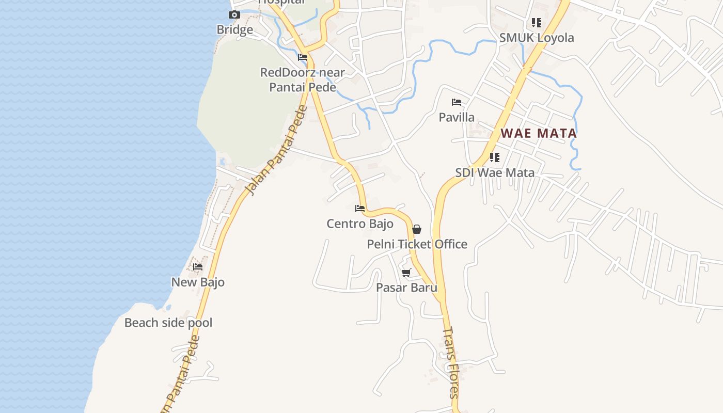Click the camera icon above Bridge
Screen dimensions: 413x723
234,15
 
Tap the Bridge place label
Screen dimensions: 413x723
234,30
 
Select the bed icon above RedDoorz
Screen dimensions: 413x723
303,57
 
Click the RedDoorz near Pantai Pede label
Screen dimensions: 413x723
303,80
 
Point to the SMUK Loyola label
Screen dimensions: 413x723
537,38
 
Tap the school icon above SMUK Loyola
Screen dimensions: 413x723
537,23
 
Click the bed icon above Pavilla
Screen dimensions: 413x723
457,102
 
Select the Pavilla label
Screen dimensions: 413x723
457,117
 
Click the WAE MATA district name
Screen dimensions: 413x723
539,133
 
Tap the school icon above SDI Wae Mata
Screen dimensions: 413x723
495,157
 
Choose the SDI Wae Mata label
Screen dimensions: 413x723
495,172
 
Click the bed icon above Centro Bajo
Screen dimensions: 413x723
360,209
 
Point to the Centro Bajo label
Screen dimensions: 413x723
360,224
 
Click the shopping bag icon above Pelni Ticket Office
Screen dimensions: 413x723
417,229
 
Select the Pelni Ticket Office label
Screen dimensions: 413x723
417,244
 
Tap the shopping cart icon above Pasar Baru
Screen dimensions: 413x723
406,273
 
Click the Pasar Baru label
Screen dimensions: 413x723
406,288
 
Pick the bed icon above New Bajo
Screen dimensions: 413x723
198,267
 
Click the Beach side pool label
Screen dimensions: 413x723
168,323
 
